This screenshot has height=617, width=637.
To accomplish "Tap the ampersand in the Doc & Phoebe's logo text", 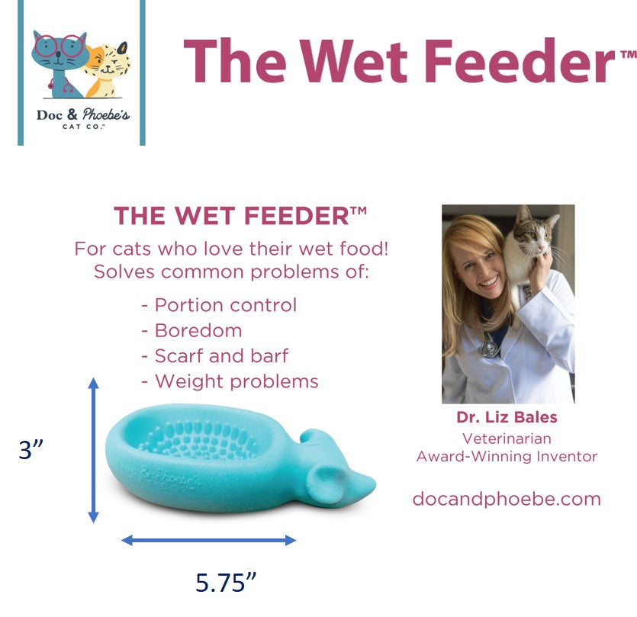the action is click(x=72, y=114).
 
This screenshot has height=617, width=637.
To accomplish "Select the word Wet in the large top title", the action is click(x=353, y=61).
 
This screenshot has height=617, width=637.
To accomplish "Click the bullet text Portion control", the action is click(x=226, y=305).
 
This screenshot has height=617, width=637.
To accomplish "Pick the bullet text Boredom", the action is click(x=198, y=331).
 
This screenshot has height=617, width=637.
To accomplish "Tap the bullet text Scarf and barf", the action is click(x=221, y=356).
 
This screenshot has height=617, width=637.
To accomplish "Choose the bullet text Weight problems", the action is click(x=236, y=381).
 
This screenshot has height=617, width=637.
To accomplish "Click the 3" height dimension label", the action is click(x=31, y=449).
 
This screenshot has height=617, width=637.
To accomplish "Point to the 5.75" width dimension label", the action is click(x=226, y=583).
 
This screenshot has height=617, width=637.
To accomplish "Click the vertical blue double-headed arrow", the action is click(x=93, y=450).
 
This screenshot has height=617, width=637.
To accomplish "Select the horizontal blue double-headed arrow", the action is click(x=209, y=540).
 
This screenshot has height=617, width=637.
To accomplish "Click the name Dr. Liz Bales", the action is click(x=507, y=417).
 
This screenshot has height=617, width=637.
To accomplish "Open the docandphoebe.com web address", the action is click(x=507, y=499).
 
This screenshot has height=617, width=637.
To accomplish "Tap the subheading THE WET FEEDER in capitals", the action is click(x=240, y=216).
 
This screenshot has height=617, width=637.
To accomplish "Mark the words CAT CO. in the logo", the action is click(x=83, y=127).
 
